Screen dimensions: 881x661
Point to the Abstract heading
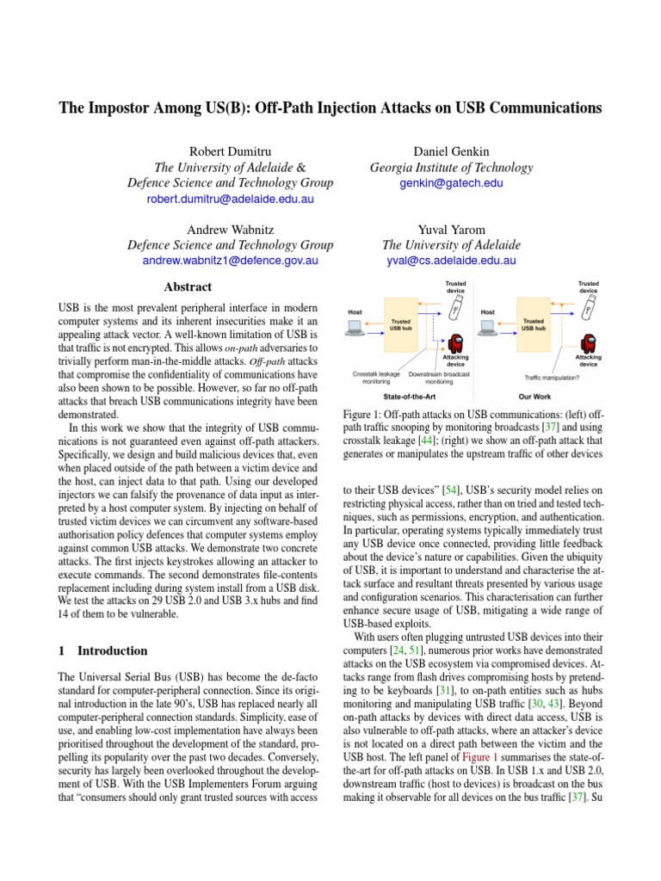point(188,286)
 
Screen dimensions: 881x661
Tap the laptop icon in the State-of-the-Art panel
point(354,327)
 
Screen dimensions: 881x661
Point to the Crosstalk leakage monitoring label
point(376,377)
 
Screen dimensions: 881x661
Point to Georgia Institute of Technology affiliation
point(451,168)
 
